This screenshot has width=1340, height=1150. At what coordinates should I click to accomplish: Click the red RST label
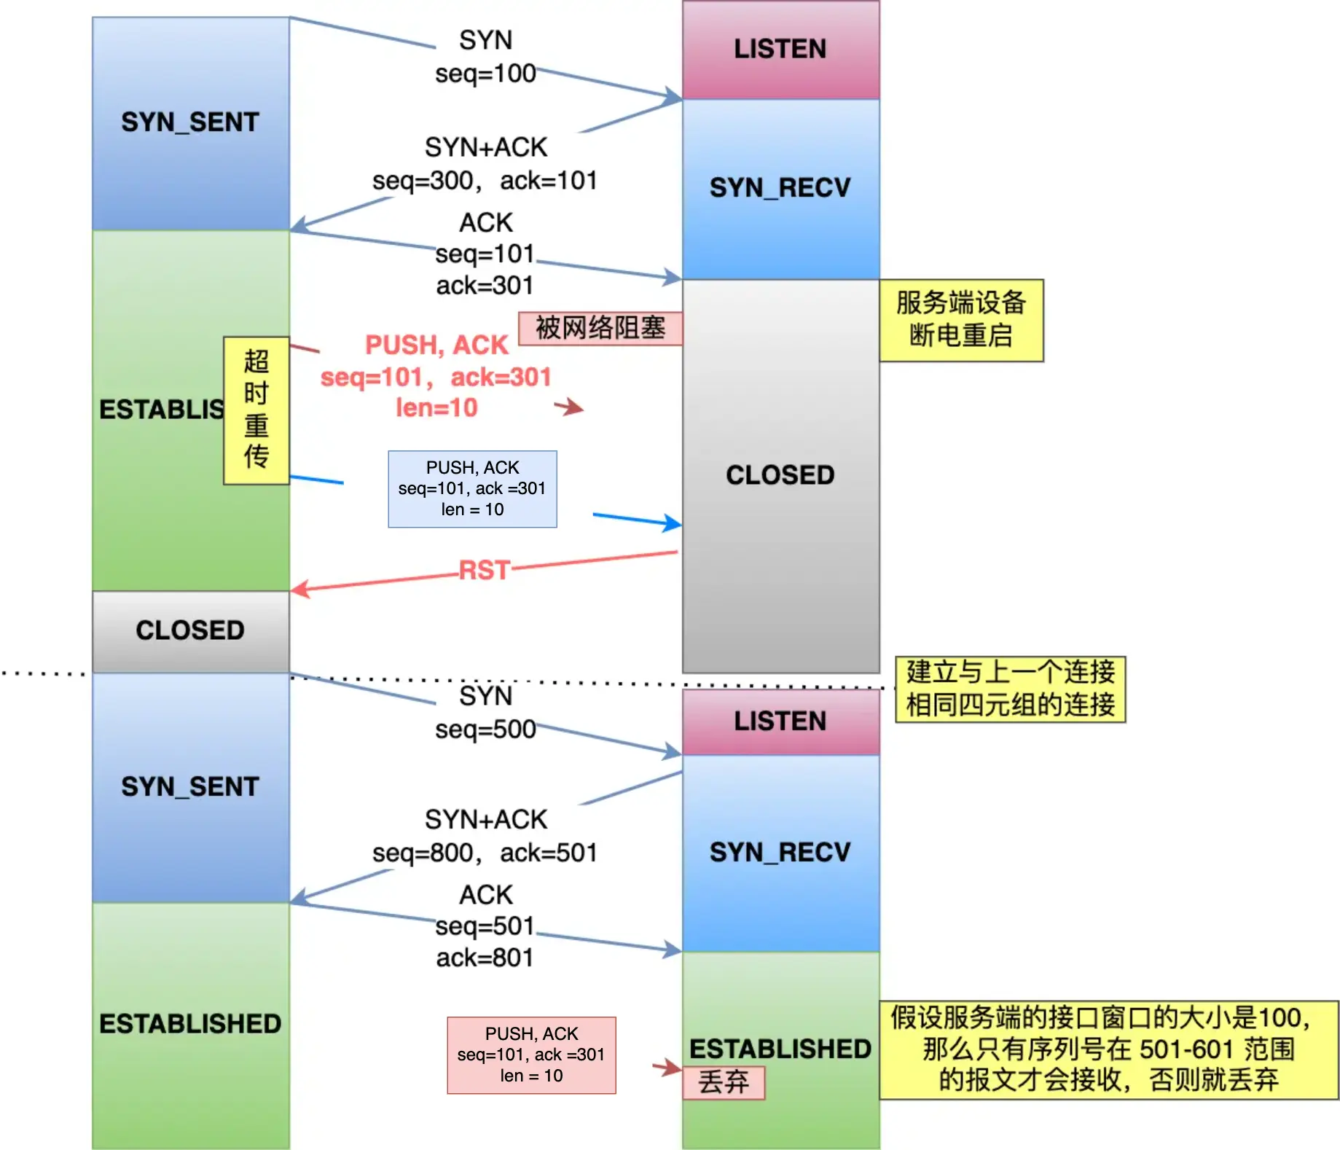coord(484,570)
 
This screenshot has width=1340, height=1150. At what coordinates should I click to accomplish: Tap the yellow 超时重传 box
coord(256,410)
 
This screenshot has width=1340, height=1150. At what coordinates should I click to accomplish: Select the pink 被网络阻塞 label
coord(600,328)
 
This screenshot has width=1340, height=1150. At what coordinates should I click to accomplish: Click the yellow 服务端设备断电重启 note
coord(960,320)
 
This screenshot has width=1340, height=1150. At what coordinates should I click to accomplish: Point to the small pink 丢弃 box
coord(724,1082)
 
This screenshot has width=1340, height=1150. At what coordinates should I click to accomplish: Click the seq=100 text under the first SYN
coord(485,74)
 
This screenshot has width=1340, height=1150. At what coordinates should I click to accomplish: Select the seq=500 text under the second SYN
coord(485,729)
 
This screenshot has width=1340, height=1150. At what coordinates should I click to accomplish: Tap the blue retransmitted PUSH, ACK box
coord(472,489)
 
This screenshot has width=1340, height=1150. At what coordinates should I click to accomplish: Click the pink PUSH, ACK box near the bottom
coord(531,1055)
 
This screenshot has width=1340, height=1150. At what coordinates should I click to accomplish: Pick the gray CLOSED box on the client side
coord(190,630)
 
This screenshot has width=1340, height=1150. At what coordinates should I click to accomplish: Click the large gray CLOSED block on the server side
coord(780,475)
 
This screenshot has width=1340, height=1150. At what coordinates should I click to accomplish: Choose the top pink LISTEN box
coord(780,50)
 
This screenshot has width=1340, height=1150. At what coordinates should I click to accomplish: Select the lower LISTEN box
coord(780,721)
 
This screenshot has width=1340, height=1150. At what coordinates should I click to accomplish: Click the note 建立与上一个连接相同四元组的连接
coord(1010,689)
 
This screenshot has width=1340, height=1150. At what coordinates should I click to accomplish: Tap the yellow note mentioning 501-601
coord(1108,1049)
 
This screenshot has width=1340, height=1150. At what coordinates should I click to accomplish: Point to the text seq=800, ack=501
coord(485,853)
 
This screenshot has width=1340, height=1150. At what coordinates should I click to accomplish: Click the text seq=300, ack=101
coord(485,181)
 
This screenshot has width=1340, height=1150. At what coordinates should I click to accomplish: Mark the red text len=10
coord(436,408)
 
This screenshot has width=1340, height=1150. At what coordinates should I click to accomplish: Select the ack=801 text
coord(485,958)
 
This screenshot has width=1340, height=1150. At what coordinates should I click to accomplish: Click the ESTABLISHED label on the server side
coord(780,1049)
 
